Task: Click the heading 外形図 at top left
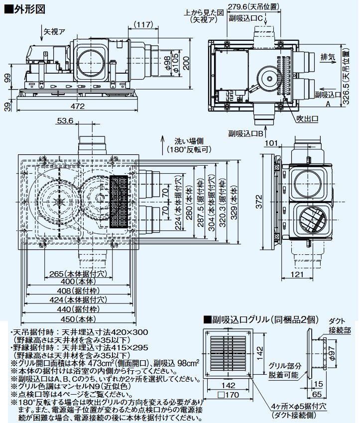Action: click(24, 8)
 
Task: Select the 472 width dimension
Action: click(77, 106)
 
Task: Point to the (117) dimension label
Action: click(144, 25)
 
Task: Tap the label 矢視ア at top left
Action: click(54, 31)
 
